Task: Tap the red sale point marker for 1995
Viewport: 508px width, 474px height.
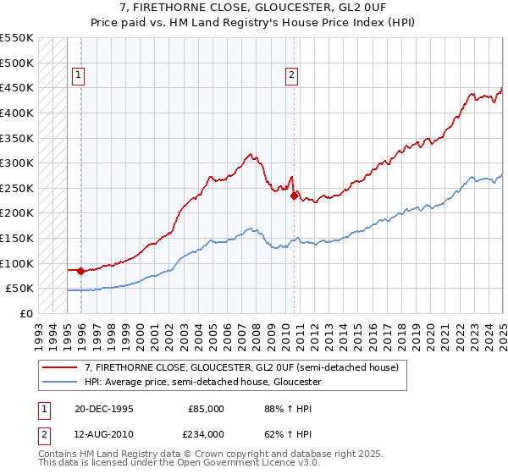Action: pyautogui.click(x=80, y=272)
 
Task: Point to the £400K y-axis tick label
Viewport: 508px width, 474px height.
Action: pyautogui.click(x=17, y=113)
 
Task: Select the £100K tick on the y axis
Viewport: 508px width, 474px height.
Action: pyautogui.click(x=17, y=263)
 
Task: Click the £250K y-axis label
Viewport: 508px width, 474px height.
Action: pyautogui.click(x=17, y=188)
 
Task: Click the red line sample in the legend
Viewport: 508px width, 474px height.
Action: pyautogui.click(x=59, y=367)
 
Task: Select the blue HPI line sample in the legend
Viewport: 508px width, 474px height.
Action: pyautogui.click(x=59, y=382)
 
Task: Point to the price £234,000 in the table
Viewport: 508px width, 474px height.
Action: pyautogui.click(x=207, y=433)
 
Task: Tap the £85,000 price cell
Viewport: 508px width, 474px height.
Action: pyautogui.click(x=207, y=409)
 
